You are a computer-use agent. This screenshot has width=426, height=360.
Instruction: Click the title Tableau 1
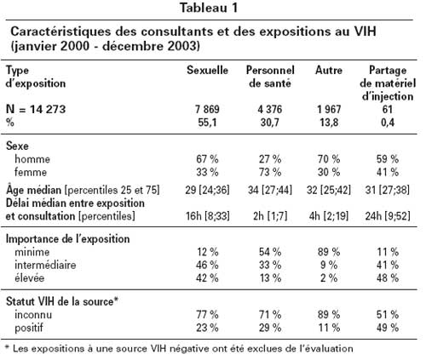coord(209,8)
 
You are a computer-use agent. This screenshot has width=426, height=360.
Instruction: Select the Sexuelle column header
coord(207,71)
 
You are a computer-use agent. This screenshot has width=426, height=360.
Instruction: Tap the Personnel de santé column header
coord(270,77)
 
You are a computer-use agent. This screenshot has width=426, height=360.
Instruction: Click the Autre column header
coord(329,71)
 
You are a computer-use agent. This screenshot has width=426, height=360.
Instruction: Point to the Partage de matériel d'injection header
coord(388,83)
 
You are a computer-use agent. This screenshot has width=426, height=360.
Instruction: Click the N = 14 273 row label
coord(36,109)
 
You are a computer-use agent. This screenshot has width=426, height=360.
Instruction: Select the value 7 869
coord(207,110)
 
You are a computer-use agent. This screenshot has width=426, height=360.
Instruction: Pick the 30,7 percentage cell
coord(270,123)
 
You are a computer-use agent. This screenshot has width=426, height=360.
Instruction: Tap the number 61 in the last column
coord(388,110)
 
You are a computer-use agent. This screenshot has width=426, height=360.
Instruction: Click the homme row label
coord(32,159)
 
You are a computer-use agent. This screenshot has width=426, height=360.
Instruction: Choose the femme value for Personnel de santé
coord(270,172)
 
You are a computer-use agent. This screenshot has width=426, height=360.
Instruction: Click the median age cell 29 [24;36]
coord(207,190)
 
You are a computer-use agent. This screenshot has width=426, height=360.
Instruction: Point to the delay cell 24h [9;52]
coord(388,216)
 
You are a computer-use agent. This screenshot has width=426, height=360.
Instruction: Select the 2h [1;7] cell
coord(270,216)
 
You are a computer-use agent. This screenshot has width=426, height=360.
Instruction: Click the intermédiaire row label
coord(45,265)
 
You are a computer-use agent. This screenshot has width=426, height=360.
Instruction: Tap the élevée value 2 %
coord(329,278)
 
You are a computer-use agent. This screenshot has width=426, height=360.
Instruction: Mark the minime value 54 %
coord(270,252)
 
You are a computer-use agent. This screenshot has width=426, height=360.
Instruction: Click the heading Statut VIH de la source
coord(61,301)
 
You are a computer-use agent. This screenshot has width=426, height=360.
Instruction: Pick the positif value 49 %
coord(388,328)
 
